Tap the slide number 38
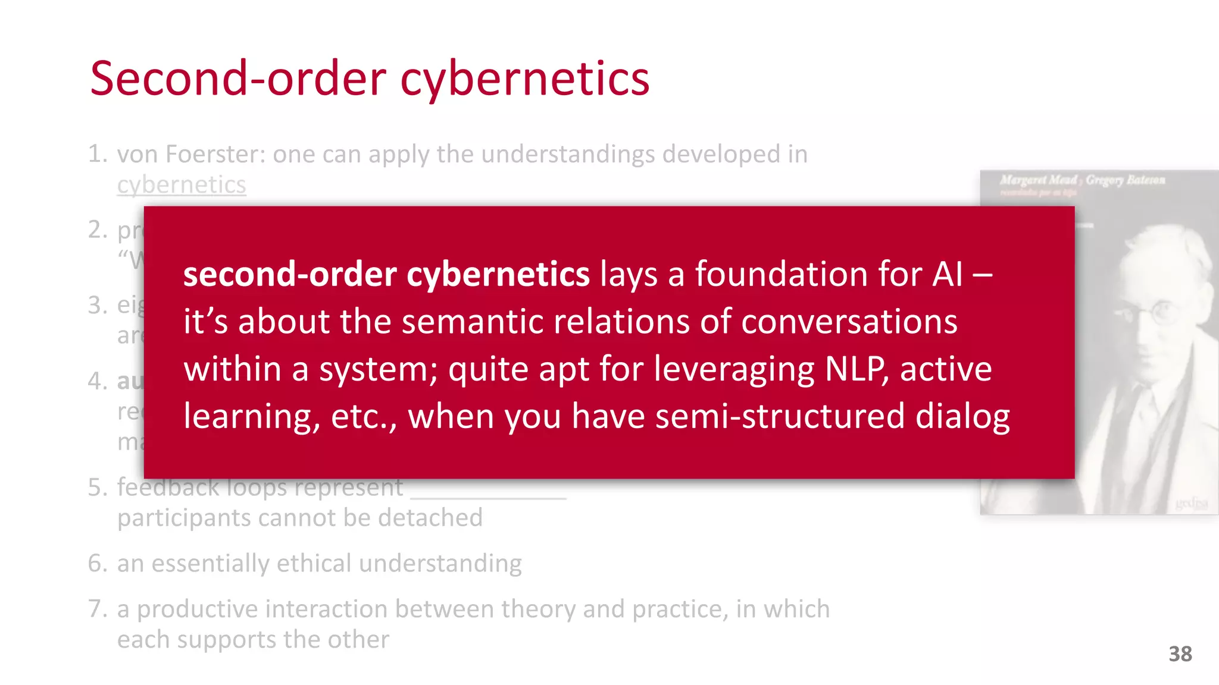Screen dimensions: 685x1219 pyautogui.click(x=1180, y=654)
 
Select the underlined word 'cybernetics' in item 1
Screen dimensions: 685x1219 pyautogui.click(x=182, y=185)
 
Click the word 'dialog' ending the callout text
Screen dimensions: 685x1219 pyautogui.click(x=962, y=416)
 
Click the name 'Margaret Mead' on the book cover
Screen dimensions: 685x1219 pyautogui.click(x=1039, y=180)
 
